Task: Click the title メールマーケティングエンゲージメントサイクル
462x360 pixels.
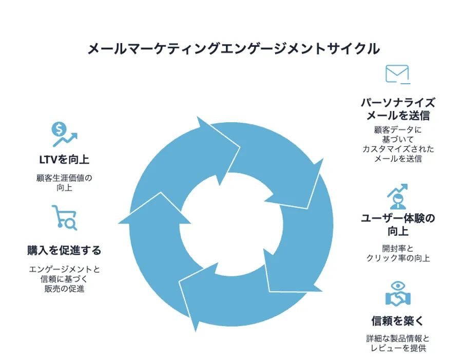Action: pos(234,49)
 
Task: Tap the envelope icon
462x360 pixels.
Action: pos(397,74)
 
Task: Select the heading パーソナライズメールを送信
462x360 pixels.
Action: pos(398,109)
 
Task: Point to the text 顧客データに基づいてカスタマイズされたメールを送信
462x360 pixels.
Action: pos(398,144)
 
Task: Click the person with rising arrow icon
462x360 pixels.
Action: pos(397,196)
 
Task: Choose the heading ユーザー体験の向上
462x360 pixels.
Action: pos(398,224)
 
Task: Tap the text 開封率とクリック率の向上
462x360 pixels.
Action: pos(398,253)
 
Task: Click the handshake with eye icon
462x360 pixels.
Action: pos(398,294)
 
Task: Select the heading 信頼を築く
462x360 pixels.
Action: pos(397,321)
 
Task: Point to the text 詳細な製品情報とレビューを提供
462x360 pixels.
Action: pos(398,343)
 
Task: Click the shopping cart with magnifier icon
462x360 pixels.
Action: pos(65,218)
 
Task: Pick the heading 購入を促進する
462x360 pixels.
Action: pos(64,250)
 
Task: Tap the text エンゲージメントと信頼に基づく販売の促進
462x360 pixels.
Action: pos(64,279)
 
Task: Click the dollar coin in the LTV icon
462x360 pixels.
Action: pos(59,129)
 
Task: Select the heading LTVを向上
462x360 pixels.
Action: pos(64,160)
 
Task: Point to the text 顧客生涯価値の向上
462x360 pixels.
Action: pos(64,183)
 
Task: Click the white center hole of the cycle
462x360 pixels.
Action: pos(232,224)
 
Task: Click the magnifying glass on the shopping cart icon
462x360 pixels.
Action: pos(71,224)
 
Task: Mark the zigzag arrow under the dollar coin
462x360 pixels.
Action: pos(65,140)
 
